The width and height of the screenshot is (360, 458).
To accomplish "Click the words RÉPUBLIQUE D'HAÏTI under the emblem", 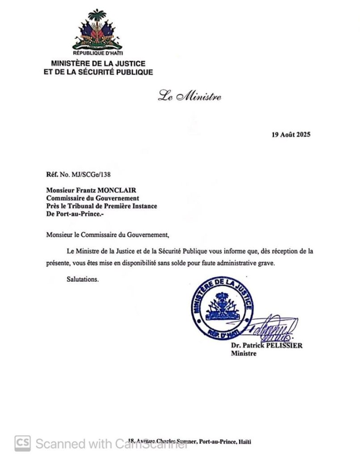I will click(97, 53).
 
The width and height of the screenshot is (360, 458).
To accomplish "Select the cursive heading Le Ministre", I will click(189, 96).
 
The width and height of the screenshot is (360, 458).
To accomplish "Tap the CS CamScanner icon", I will click(23, 443).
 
